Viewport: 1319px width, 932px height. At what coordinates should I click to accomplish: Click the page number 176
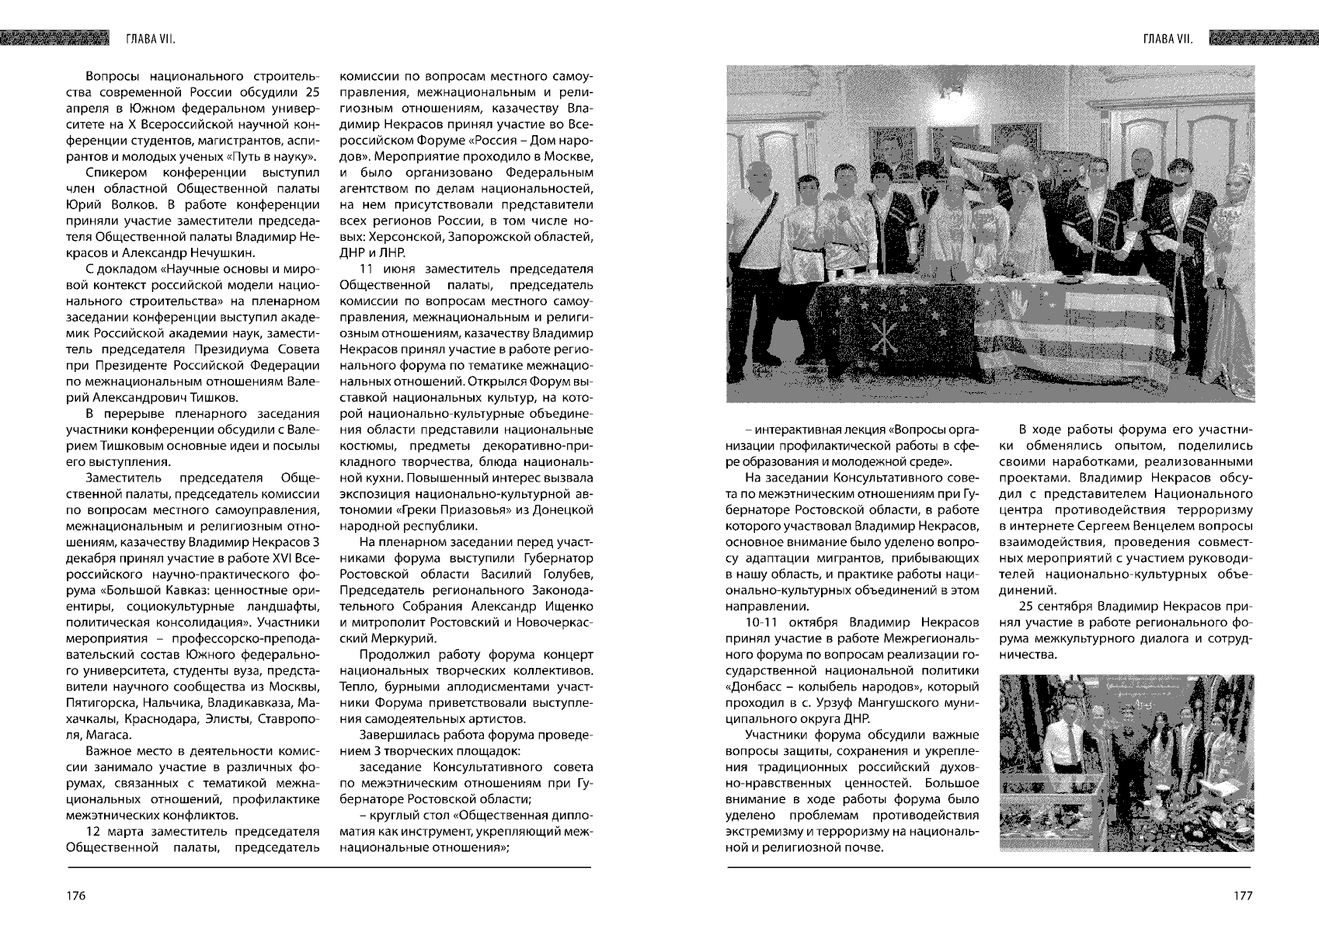click(x=75, y=895)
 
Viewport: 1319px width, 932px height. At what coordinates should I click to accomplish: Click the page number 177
click(x=1243, y=895)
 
